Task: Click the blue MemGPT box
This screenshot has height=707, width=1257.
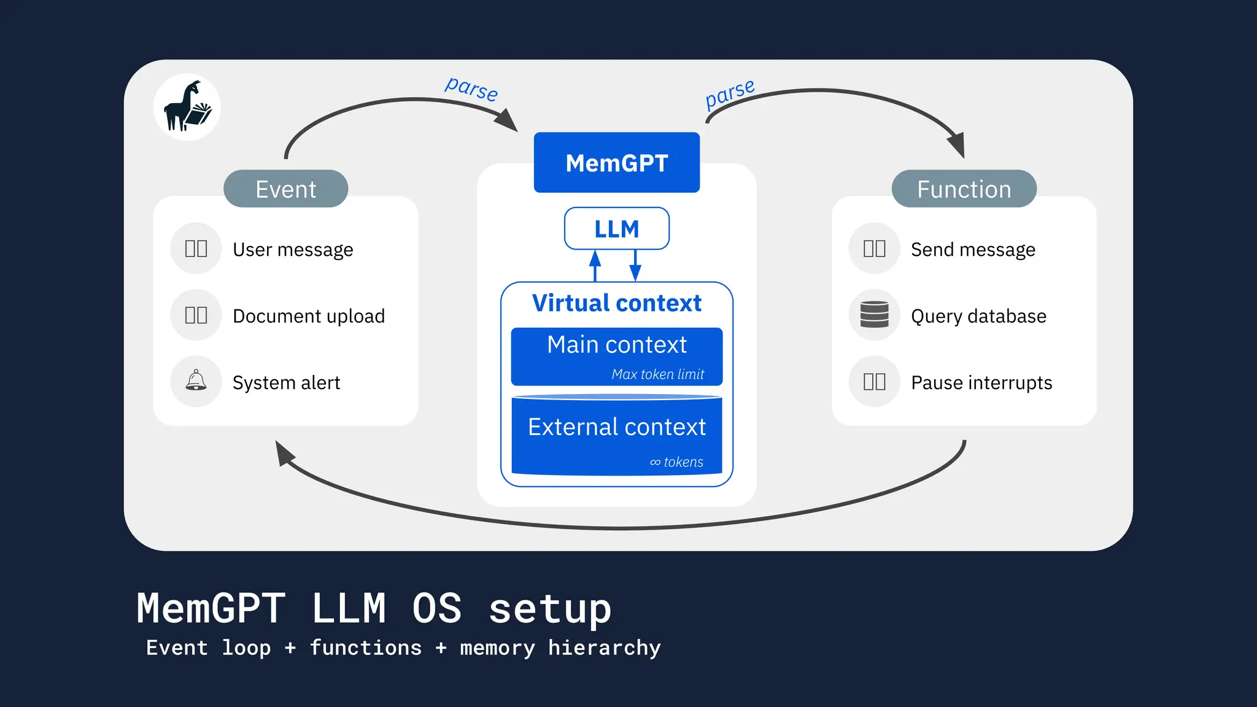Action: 616,163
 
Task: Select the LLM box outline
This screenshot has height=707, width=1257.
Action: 616,229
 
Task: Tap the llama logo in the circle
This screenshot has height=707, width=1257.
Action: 187,107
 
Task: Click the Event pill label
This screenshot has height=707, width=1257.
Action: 285,189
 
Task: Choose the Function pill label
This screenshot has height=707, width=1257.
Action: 964,189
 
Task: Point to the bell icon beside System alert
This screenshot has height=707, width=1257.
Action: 196,381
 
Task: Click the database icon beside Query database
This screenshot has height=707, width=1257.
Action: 874,315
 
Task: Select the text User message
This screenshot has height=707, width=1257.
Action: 293,250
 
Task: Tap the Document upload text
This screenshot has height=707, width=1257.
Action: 309,316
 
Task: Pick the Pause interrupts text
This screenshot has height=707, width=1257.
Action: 981,382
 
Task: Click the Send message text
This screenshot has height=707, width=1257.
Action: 973,250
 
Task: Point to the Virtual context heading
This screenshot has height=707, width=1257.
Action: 616,303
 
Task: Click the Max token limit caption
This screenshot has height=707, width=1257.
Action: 657,374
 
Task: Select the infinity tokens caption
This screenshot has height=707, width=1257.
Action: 676,462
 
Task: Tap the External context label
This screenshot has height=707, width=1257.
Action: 616,427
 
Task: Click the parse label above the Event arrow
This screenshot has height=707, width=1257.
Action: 471,89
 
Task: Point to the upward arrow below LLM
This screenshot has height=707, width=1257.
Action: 595,265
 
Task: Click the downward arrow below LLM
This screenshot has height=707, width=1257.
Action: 635,265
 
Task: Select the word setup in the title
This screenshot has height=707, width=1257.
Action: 550,609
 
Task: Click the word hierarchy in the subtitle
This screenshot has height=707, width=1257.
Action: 604,648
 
